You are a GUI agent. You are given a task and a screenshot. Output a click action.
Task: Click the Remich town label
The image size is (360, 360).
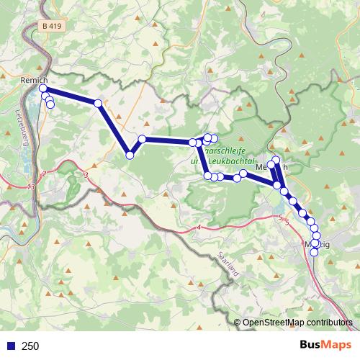tap(35, 80)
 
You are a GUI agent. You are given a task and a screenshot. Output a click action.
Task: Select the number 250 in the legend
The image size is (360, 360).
tap(30, 346)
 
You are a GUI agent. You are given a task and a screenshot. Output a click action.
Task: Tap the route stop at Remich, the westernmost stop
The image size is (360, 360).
tap(43, 88)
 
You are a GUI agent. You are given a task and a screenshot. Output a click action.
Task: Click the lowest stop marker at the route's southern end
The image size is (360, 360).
tap(314, 252)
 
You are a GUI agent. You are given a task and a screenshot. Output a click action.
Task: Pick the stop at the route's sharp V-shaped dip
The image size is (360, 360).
tap(130, 154)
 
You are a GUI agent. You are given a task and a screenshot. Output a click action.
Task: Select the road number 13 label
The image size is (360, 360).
tap(30, 187)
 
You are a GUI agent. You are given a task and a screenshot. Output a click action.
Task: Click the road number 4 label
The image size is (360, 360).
tap(197, 228)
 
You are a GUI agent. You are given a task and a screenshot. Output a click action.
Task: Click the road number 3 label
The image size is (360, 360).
tap(86, 174)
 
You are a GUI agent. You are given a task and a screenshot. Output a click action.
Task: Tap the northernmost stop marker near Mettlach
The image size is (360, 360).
tap(276, 160)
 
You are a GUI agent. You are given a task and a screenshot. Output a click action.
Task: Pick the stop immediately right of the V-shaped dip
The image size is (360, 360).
tap(143, 139)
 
